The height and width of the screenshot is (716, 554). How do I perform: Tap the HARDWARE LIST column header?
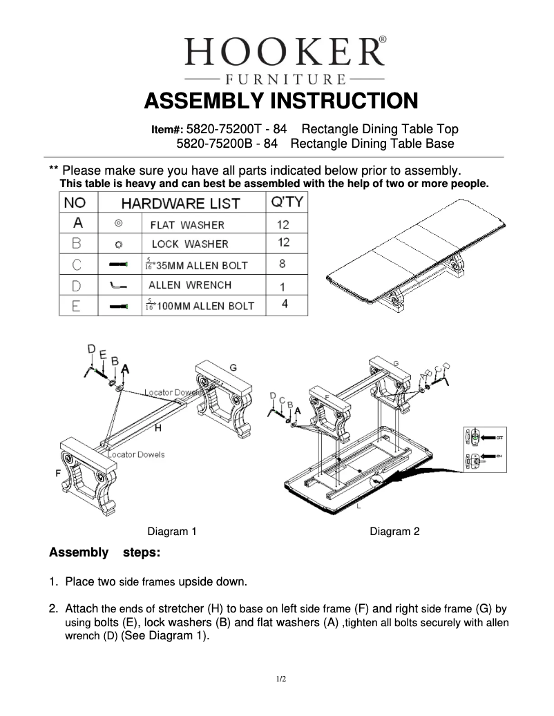click(181, 204)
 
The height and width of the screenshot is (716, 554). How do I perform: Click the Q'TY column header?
click(286, 203)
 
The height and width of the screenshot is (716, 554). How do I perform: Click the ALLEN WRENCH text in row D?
click(190, 284)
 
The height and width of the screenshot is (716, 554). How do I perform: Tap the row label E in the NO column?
click(78, 305)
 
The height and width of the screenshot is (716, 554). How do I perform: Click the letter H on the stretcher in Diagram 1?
click(158, 429)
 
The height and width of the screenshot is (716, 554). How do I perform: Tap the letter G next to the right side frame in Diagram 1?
click(233, 367)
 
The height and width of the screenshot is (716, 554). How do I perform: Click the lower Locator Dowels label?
click(136, 455)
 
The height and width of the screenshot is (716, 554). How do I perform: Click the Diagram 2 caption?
click(394, 531)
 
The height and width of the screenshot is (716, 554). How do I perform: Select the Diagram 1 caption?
click(172, 531)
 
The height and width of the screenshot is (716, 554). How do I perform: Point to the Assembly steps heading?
click(105, 553)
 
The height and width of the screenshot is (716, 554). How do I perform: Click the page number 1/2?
click(281, 679)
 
